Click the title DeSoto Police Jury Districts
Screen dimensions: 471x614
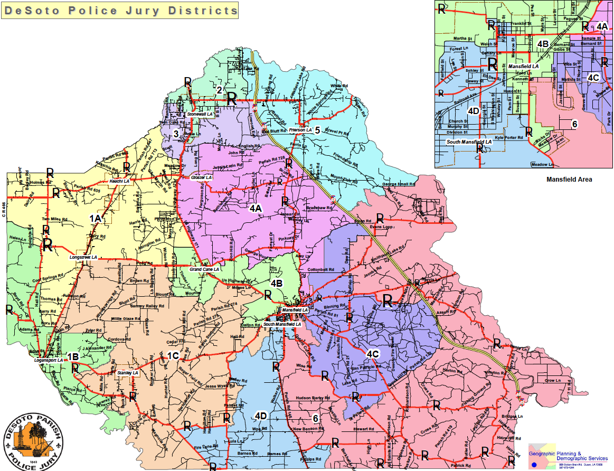[119, 11]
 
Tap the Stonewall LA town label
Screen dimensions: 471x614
[200, 114]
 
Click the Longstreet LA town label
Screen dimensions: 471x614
[83, 257]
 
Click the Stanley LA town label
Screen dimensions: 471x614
[127, 373]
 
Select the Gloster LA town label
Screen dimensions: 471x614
[201, 177]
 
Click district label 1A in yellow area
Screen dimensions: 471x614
[95, 218]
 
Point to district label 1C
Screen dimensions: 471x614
[174, 355]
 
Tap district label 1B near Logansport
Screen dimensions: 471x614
[73, 357]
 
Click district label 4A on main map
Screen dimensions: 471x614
[256, 209]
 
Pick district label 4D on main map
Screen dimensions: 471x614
[260, 416]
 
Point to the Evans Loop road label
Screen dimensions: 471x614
[383, 227]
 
